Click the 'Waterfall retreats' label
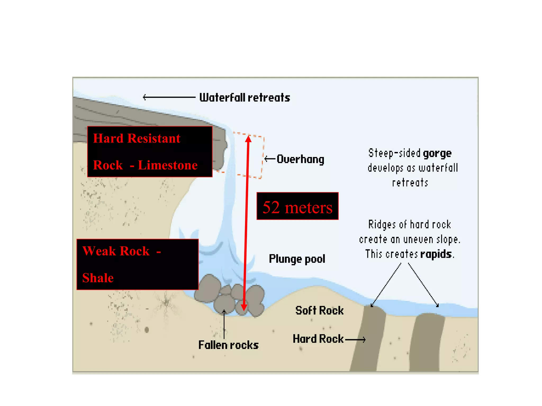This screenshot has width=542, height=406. click(245, 98)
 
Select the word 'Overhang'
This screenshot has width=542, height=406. click(300, 159)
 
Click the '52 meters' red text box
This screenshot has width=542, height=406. click(297, 206)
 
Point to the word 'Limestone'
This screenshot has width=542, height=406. click(168, 165)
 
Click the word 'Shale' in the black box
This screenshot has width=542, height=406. click(98, 278)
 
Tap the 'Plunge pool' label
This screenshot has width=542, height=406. click(297, 259)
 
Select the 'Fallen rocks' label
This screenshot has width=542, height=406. click(228, 345)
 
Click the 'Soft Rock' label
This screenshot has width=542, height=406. click(319, 310)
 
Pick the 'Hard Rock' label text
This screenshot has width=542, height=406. click(318, 339)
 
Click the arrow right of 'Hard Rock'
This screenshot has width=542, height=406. click(355, 339)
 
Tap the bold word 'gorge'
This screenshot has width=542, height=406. click(437, 153)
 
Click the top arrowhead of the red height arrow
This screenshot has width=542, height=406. click(248, 139)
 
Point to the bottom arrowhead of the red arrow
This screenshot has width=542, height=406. click(244, 307)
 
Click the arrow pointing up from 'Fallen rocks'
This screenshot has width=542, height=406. click(224, 324)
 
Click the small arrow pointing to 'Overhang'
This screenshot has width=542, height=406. click(270, 159)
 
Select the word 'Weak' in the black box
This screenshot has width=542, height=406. click(99, 251)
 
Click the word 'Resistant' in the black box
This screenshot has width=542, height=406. click(154, 139)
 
